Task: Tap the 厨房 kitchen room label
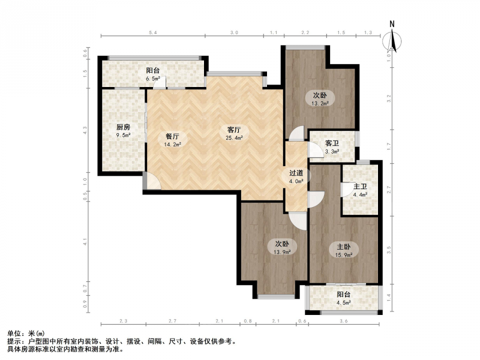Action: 123,127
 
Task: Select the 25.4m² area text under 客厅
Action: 234,138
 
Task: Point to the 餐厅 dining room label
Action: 172,137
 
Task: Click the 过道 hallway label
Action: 296,173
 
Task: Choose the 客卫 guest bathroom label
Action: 332,143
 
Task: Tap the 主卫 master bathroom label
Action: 360,187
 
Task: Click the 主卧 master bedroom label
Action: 343,247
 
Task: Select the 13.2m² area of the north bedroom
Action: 320,103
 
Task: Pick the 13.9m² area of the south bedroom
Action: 282,252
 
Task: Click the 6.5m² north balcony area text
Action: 153,79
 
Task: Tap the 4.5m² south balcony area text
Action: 343,302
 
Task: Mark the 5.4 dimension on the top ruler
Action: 153,32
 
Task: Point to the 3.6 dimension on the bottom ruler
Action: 344,321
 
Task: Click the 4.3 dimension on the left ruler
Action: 85,131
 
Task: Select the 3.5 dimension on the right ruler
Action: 389,250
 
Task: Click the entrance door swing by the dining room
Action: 152,181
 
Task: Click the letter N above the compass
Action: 392,24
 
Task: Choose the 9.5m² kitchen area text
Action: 123,135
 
